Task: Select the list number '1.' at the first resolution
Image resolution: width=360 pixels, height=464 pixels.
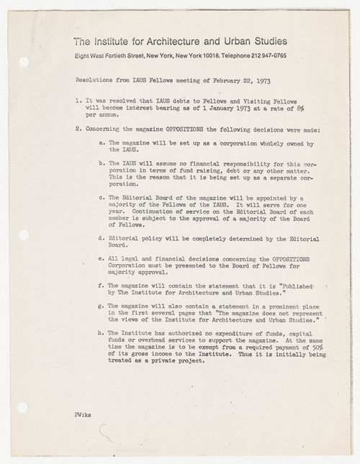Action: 78,104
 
